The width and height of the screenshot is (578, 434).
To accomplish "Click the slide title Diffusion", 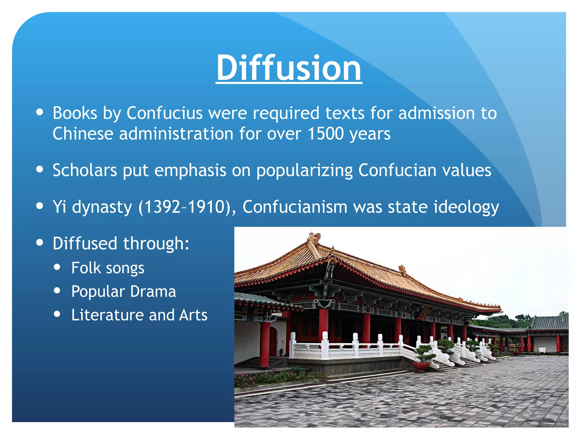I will [289, 68].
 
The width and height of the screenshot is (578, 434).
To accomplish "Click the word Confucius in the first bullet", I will [165, 113].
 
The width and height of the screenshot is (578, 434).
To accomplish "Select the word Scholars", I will [85, 170].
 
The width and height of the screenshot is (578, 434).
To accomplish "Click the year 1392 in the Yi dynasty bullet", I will [162, 207].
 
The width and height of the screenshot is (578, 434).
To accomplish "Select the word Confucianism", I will [295, 207].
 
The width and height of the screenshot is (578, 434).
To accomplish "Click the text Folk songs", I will [108, 268].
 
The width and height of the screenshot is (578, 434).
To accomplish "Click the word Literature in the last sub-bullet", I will [108, 315].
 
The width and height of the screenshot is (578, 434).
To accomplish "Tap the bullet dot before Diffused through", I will [40, 242].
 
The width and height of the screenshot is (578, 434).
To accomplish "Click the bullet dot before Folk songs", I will [57, 267].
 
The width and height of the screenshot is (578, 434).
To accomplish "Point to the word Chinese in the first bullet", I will [83, 133].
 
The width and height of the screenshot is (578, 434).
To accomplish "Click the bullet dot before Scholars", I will [40, 169].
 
